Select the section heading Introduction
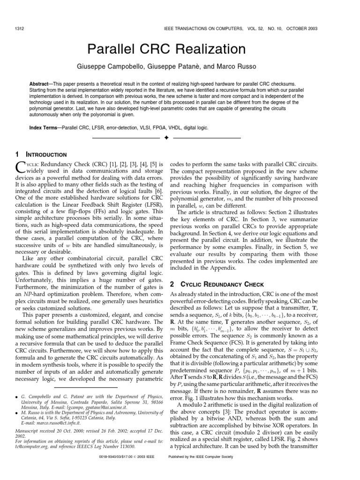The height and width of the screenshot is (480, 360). pos(49,155)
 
